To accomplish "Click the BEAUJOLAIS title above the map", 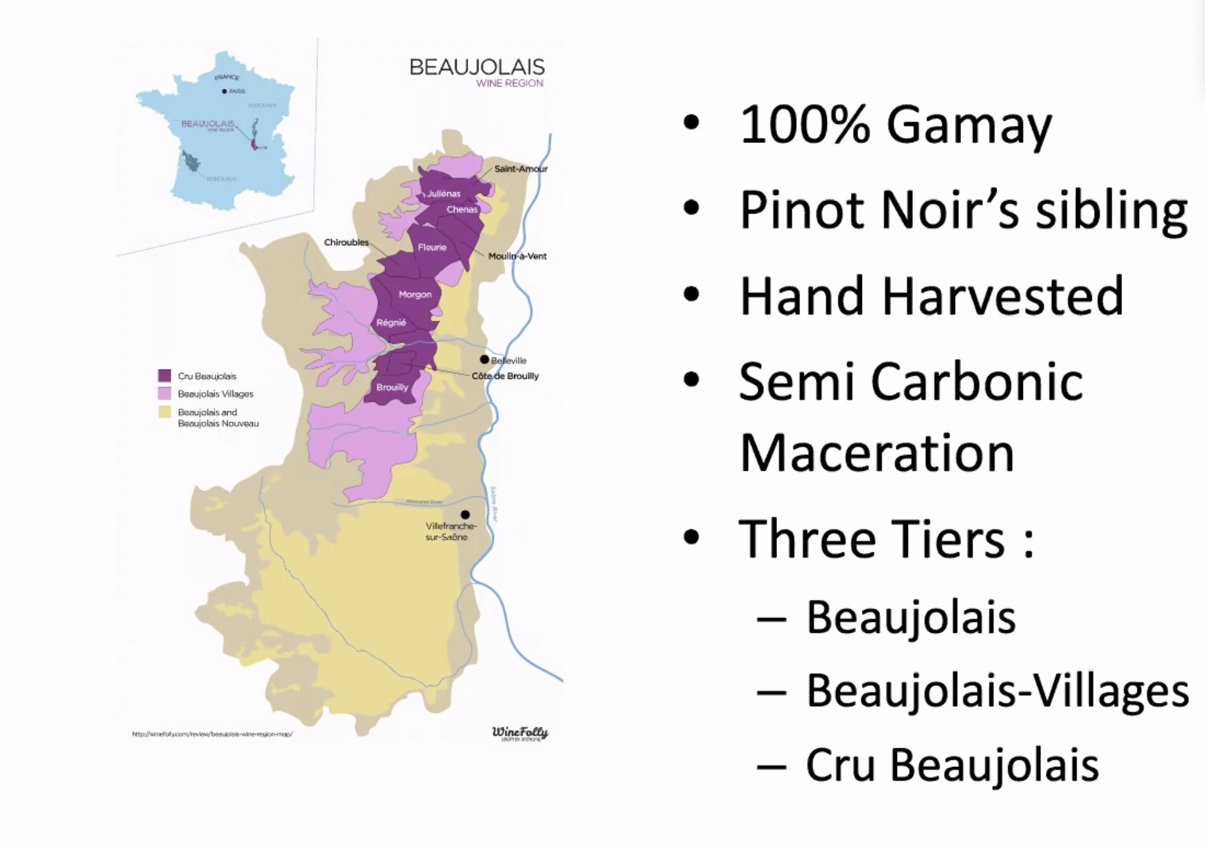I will click(477, 67).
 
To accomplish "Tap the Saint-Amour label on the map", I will click(521, 169).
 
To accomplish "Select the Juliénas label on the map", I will click(443, 193).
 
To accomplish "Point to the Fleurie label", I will click(432, 247).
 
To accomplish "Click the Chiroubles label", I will click(346, 243).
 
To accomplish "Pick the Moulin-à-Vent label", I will click(517, 256).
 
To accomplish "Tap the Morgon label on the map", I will click(415, 294).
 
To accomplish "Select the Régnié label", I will click(391, 322).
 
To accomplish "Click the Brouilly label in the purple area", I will click(392, 387).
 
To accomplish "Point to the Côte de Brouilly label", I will click(505, 376).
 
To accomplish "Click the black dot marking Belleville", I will click(484, 360).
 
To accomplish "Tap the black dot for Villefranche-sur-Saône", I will click(465, 515).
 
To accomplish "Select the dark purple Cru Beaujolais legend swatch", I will click(164, 375).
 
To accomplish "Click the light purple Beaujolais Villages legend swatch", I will click(164, 393).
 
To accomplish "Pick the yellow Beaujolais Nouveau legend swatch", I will click(164, 412).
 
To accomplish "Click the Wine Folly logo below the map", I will click(519, 733).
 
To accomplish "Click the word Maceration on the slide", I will click(877, 453).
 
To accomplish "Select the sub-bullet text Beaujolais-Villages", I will click(997, 691).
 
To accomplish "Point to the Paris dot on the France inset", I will click(224, 91).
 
